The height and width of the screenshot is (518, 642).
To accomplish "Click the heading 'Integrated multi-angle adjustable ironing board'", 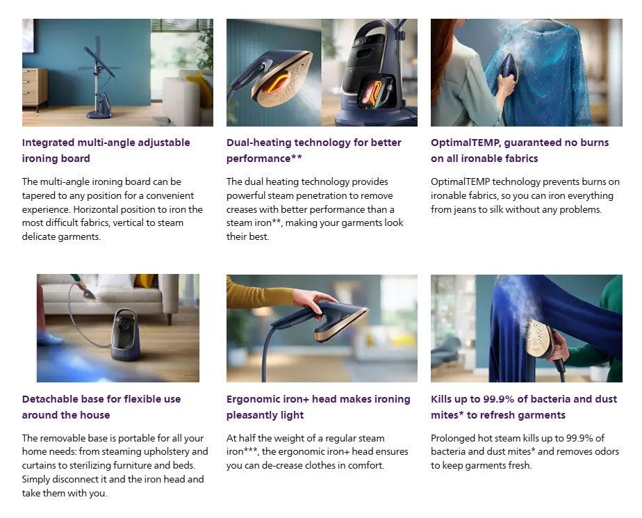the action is [x=106, y=150].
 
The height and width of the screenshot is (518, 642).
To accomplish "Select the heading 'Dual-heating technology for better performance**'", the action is [x=313, y=150].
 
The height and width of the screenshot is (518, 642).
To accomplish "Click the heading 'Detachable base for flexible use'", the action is [x=101, y=399].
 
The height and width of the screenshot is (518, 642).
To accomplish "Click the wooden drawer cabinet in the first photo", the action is [x=35, y=88].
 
